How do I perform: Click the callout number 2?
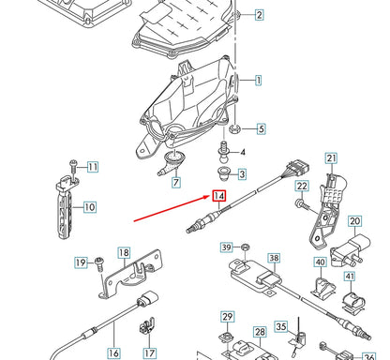coord(259,14)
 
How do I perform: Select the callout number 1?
coord(259,82)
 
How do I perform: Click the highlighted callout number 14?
coord(218,196)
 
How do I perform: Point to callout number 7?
coord(175,183)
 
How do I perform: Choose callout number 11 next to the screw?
coord(92,168)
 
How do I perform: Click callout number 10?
coord(90,206)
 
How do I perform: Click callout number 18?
coord(124,252)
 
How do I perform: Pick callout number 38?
coord(274,258)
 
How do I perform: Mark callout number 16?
coord(113,353)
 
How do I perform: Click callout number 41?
coord(349,277)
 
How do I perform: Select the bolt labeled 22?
coord(301,202)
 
